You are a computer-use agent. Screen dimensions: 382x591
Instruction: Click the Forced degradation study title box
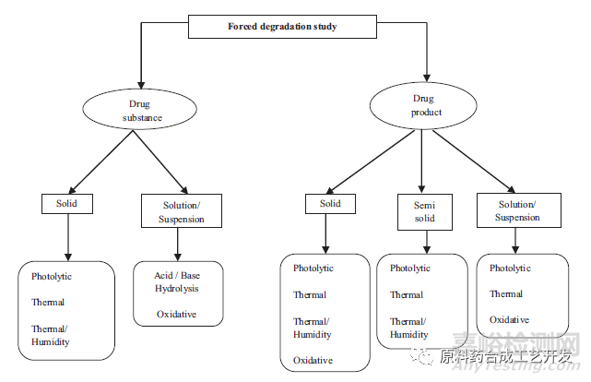283,26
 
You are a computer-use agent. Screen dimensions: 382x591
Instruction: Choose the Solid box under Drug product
330,202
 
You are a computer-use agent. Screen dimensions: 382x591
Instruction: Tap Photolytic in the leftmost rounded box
52,275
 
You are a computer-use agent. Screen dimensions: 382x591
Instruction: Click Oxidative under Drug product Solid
313,360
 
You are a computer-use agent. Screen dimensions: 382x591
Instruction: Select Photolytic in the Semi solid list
410,269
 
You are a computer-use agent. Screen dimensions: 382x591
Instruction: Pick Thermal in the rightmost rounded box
506,293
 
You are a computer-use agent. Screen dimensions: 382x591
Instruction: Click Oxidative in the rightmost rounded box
510,319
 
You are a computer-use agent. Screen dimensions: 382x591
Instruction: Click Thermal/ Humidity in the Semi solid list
410,328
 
